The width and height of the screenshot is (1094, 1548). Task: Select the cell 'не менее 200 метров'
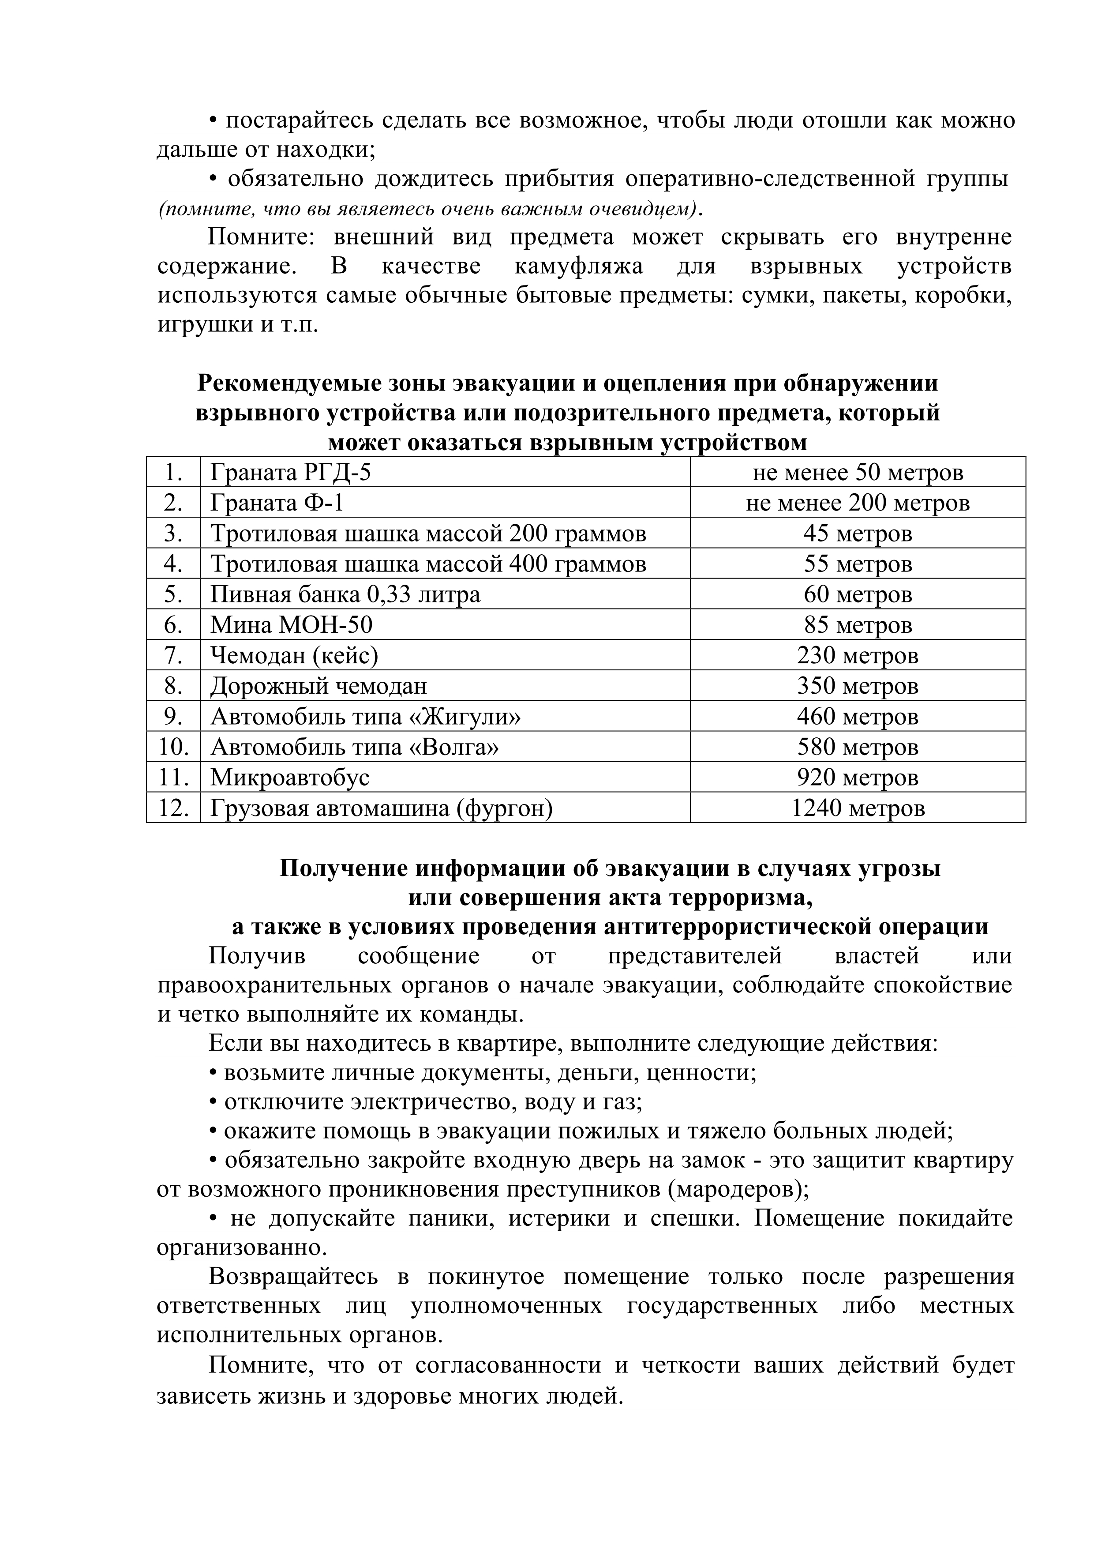tap(858, 503)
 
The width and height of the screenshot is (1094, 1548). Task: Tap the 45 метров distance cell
tap(858, 534)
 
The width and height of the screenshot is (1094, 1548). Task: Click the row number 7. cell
tap(173, 655)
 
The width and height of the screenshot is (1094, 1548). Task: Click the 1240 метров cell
tap(858, 808)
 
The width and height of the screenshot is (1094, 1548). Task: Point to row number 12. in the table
tap(173, 808)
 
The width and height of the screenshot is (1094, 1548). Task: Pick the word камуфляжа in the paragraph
tap(578, 267)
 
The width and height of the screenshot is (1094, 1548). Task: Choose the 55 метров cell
tap(858, 564)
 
